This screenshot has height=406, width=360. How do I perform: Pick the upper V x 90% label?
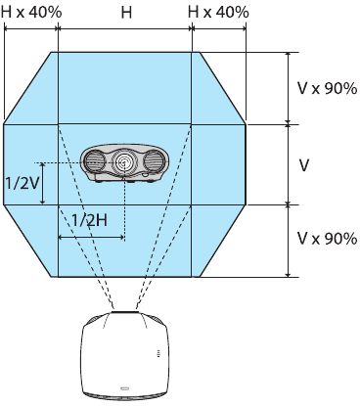click(328, 88)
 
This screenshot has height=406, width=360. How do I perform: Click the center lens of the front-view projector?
click(125, 162)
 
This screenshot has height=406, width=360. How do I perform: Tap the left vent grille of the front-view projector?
click(97, 160)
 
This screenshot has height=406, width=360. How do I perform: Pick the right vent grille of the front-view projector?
click(154, 160)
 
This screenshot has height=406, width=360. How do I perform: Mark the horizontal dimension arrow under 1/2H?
click(92, 237)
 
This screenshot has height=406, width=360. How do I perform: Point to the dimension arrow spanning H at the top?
click(125, 29)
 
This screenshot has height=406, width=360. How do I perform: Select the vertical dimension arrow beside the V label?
click(288, 164)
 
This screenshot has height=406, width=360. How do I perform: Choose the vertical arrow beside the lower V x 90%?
click(288, 241)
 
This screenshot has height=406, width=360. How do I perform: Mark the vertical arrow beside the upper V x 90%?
click(288, 88)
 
